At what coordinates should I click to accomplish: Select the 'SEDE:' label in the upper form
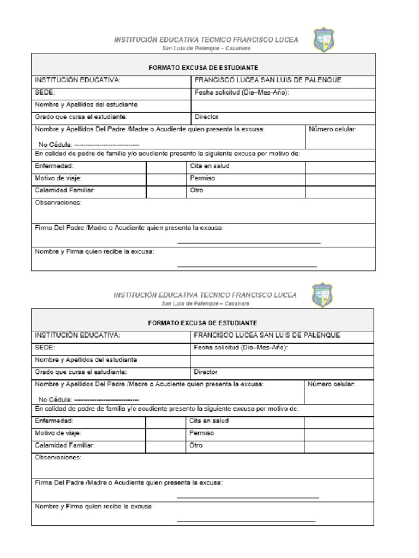click(45, 93)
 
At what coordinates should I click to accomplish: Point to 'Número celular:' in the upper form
click(332, 130)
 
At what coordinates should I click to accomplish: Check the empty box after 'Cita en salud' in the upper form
click(340, 166)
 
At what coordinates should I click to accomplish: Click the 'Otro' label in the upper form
click(196, 191)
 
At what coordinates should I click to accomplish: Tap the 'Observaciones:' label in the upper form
click(58, 203)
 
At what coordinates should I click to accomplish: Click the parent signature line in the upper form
click(249, 242)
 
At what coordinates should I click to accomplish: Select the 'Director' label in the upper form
click(207, 117)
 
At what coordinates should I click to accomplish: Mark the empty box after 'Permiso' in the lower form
click(338, 433)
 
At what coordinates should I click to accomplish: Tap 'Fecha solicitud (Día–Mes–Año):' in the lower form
click(241, 348)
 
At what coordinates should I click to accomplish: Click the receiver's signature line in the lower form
click(246, 521)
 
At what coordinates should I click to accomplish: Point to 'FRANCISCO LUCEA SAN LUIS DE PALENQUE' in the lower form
click(267, 335)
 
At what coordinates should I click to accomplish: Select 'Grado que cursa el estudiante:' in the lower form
click(81, 372)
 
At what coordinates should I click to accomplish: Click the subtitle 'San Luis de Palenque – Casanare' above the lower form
click(205, 303)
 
